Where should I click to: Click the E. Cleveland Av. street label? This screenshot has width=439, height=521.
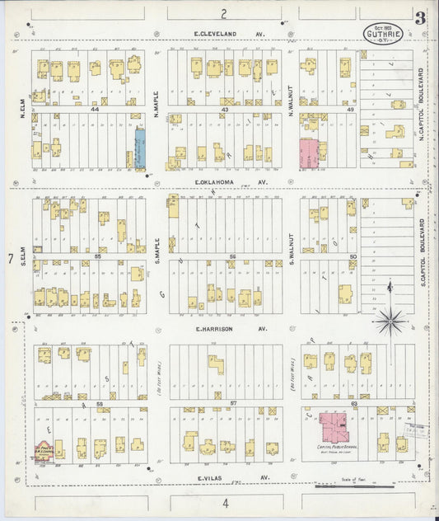click(x=227, y=34)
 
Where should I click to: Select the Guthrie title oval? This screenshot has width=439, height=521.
click(x=384, y=34)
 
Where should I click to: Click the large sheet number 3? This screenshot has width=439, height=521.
click(x=420, y=16)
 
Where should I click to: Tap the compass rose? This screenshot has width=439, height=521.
click(x=389, y=318)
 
